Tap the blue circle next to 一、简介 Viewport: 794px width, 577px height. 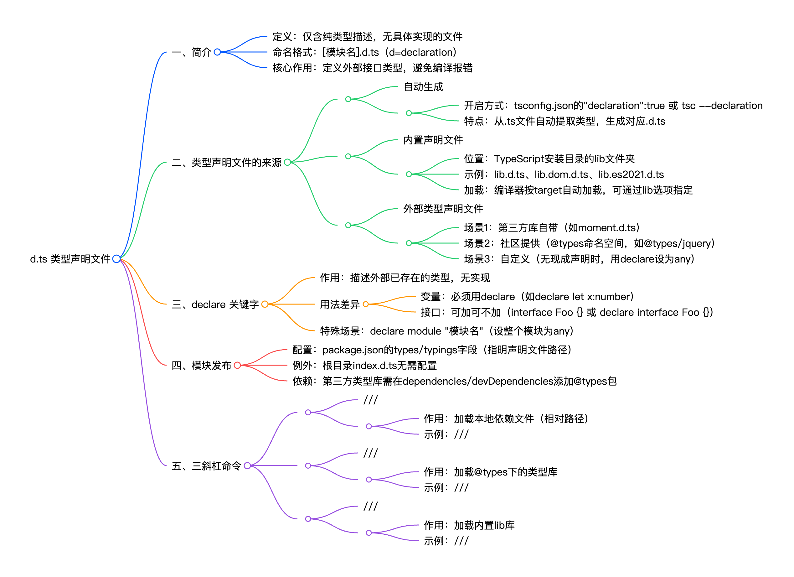point(217,52)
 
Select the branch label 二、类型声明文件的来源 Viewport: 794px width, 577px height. point(226,163)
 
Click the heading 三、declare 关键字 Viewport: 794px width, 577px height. point(215,304)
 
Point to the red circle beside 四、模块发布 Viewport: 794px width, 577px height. point(237,365)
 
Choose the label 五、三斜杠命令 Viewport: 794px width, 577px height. point(206,466)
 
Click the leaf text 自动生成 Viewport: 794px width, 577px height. point(423,86)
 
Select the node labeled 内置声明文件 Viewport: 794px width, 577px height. point(433,140)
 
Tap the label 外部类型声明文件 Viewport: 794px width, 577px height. point(443,209)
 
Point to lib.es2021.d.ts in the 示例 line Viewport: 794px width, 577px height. point(631,174)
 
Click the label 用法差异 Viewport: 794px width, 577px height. point(340,304)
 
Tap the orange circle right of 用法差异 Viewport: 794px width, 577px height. point(366,304)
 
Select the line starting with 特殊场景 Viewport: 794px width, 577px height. point(446,331)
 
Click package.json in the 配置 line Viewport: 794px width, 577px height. point(353,350)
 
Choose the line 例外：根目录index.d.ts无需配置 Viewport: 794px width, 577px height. point(364,366)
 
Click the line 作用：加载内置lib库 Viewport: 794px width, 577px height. point(469,526)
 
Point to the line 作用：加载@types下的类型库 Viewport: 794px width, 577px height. point(491,472)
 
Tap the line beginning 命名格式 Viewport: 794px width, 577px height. point(364,53)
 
